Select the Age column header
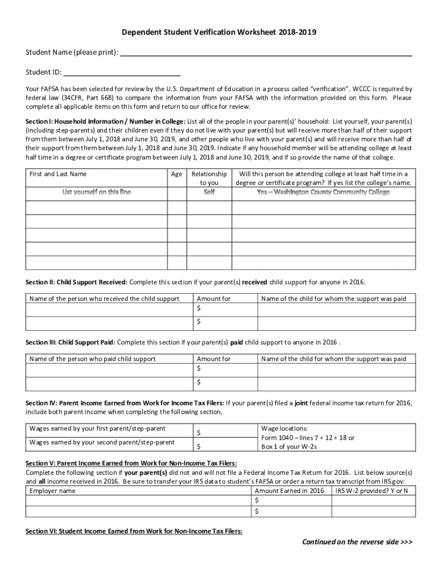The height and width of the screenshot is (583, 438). click(176, 174)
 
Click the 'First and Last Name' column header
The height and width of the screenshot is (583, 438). click(58, 174)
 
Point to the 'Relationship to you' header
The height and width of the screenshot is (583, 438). click(209, 178)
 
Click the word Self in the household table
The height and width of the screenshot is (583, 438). click(209, 192)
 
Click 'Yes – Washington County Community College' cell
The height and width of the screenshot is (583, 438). click(323, 192)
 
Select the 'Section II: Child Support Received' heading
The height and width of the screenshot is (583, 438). click(77, 282)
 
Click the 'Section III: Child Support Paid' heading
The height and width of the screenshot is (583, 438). click(71, 342)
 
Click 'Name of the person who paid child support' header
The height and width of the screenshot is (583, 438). click(92, 359)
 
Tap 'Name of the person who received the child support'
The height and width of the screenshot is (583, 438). click(104, 298)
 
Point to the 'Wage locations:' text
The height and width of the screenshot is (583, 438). click(284, 428)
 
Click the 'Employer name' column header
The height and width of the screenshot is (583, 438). click(52, 491)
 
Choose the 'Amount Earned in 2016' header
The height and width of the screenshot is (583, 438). click(289, 491)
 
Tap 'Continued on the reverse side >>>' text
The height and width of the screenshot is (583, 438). click(357, 541)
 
